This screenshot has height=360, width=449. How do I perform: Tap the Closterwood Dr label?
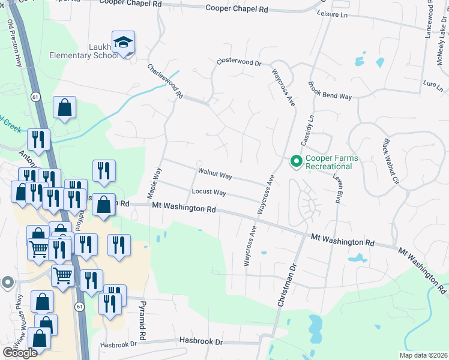pyautogui.click(x=239, y=62)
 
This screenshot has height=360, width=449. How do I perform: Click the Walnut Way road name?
pyautogui.click(x=215, y=173)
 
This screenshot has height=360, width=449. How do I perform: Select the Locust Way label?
pyautogui.click(x=208, y=192)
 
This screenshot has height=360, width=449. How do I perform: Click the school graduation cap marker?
pyautogui.click(x=123, y=43)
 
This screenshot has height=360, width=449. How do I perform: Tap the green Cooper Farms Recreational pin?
pyautogui.click(x=296, y=161)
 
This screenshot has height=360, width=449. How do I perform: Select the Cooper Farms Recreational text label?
pyautogui.click(x=331, y=162)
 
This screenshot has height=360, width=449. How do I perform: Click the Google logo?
pyautogui.click(x=20, y=353)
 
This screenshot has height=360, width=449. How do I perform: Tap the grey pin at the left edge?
pyautogui.click(x=7, y=281)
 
